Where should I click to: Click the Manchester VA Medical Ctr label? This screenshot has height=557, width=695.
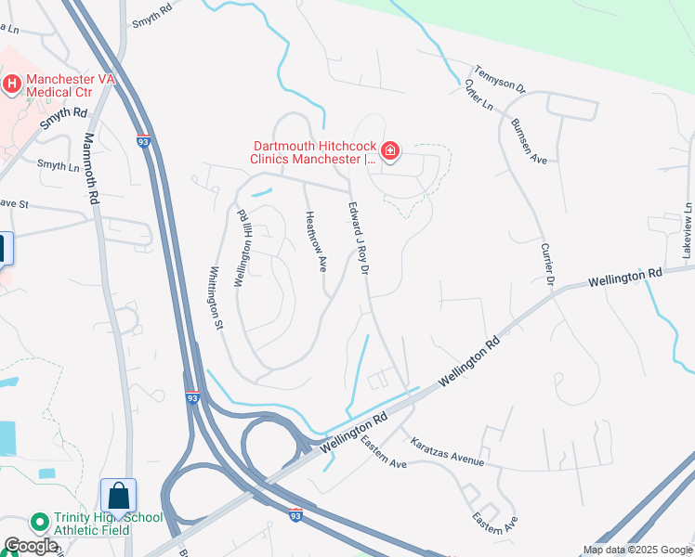pyautogui.click(x=71, y=85)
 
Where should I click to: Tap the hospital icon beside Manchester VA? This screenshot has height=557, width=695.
pyautogui.click(x=12, y=84)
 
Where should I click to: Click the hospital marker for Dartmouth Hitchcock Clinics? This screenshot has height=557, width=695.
pyautogui.click(x=390, y=150)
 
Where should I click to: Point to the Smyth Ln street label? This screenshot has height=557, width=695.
pyautogui.click(x=58, y=165)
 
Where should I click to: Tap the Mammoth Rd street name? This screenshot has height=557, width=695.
pyautogui.click(x=90, y=168)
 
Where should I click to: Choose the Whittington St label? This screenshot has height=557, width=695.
pyautogui.click(x=215, y=298)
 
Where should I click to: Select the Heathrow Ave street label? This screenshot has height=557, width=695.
pyautogui.click(x=315, y=241)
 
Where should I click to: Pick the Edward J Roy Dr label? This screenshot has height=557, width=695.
pyautogui.click(x=360, y=239)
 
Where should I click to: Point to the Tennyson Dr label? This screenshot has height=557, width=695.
pyautogui.click(x=501, y=80)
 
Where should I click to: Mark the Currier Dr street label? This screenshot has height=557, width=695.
pyautogui.click(x=547, y=266)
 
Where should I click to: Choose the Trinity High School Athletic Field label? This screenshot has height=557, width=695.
pyautogui.click(x=96, y=524)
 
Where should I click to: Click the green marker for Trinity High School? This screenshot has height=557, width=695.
pyautogui.click(x=39, y=523)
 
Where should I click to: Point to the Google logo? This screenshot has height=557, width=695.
pyautogui.click(x=31, y=546)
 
